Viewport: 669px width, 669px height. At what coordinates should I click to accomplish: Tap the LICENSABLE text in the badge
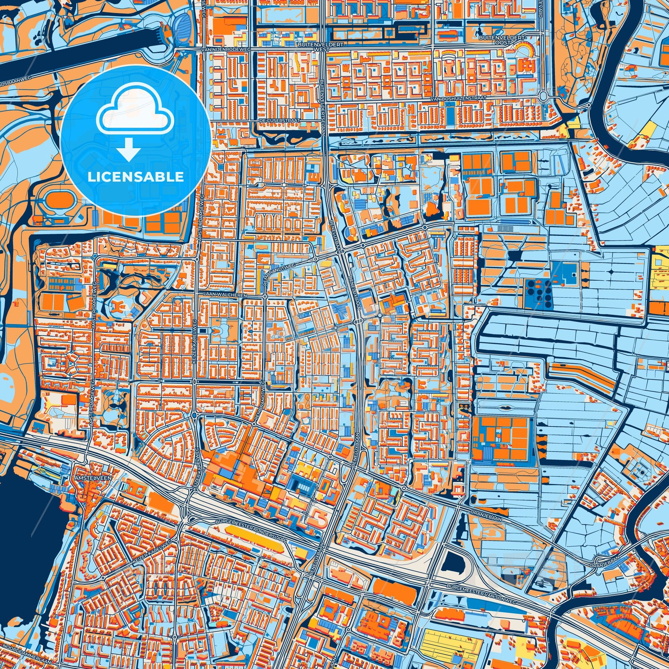tap(135, 177)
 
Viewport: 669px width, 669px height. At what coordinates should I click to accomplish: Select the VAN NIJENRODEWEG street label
tap(226, 50)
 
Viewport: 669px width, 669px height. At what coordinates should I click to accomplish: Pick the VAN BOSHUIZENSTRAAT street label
tap(458, 98)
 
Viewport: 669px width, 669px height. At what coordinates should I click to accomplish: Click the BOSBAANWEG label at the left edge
tap(15, 83)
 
